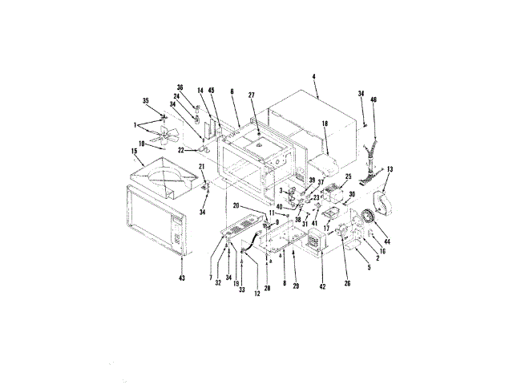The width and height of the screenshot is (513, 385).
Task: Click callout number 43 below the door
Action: point(181,278)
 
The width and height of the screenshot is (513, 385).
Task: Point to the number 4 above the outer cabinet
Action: point(314,77)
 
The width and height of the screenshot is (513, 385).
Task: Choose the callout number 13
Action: point(390,170)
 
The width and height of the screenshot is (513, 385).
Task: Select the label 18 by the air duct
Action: point(325,125)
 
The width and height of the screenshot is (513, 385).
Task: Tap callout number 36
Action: point(180,87)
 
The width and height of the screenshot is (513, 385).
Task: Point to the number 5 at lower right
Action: point(369,268)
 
